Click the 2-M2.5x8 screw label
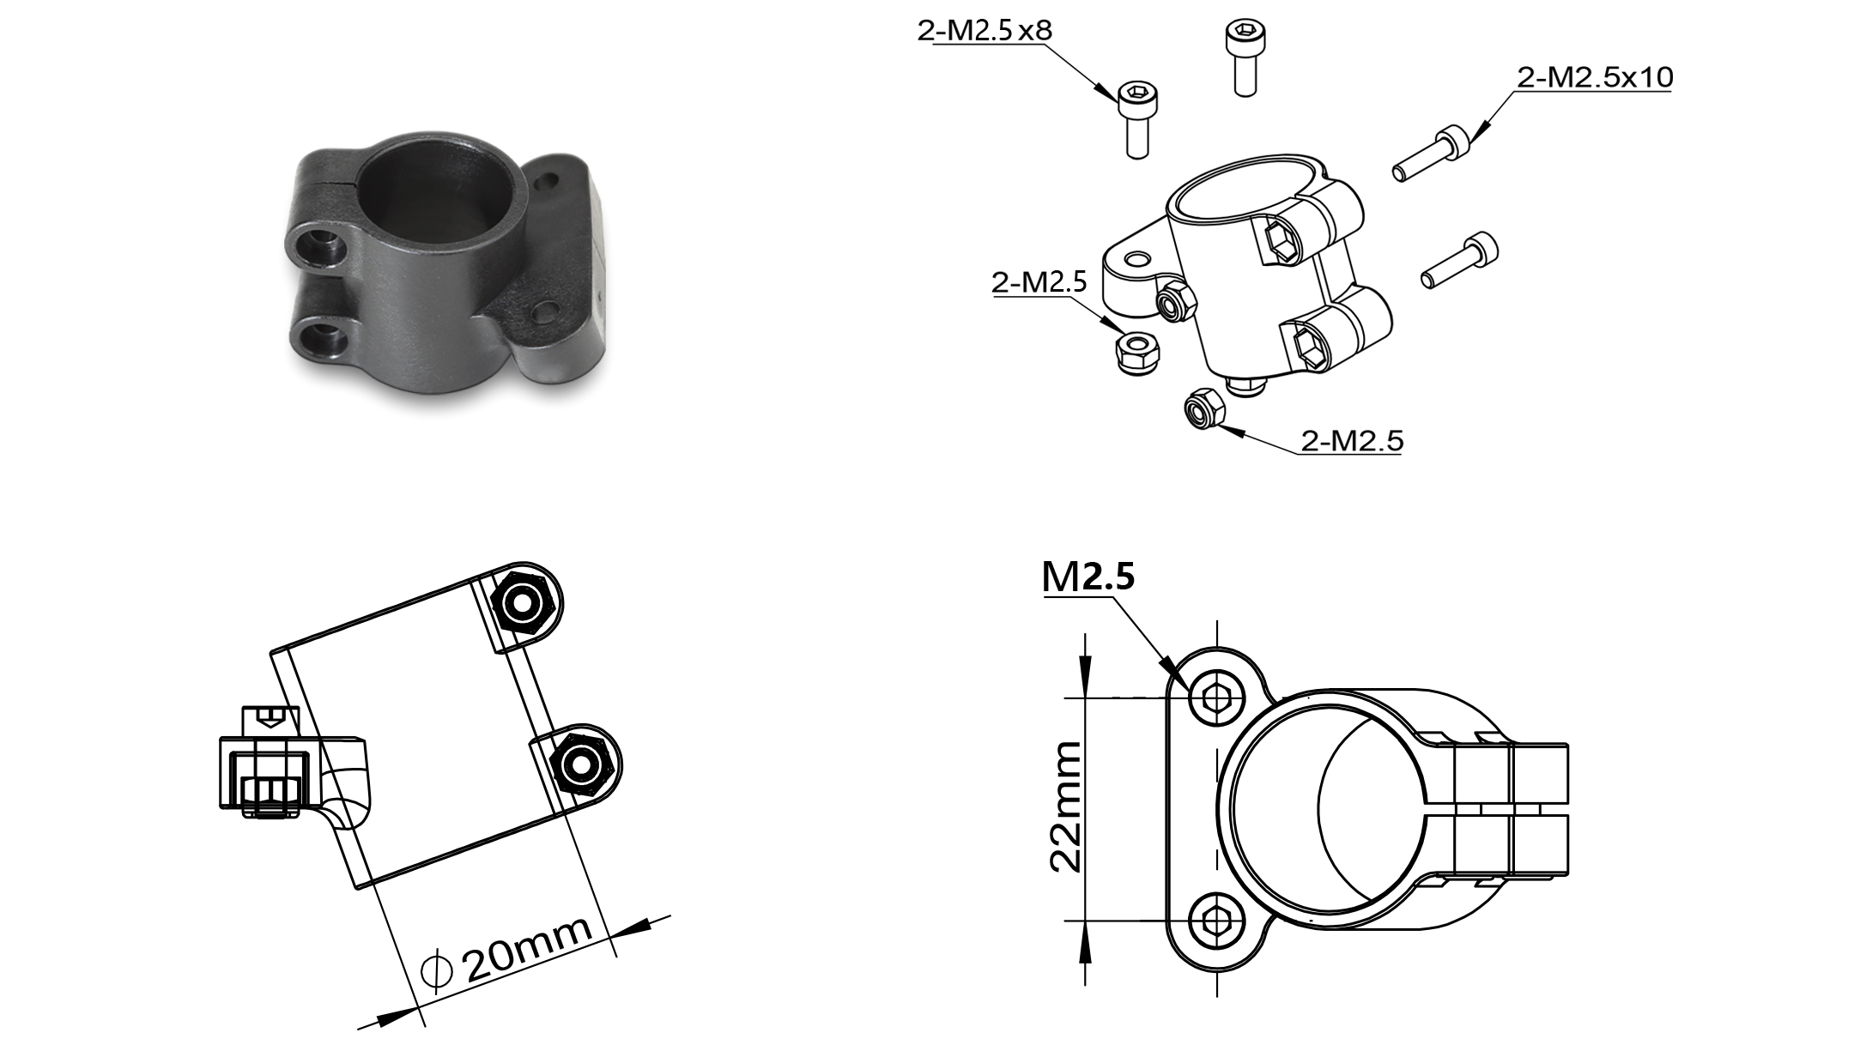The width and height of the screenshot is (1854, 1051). click(x=984, y=31)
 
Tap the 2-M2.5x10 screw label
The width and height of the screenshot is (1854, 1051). click(x=1595, y=78)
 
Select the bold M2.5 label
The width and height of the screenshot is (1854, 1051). click(x=1088, y=577)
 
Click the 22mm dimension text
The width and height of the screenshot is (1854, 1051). click(x=1067, y=807)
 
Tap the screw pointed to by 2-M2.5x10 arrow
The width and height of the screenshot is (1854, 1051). click(x=1432, y=154)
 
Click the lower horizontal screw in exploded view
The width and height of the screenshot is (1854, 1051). click(x=1460, y=260)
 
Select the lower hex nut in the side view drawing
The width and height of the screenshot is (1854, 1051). click(x=583, y=762)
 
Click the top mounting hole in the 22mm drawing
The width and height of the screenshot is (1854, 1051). click(x=1216, y=698)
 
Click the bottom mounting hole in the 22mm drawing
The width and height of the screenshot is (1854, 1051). click(x=1216, y=921)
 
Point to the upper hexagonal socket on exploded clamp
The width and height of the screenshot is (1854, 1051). click(x=1283, y=239)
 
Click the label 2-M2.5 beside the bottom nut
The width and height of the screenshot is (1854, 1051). click(x=1351, y=441)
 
